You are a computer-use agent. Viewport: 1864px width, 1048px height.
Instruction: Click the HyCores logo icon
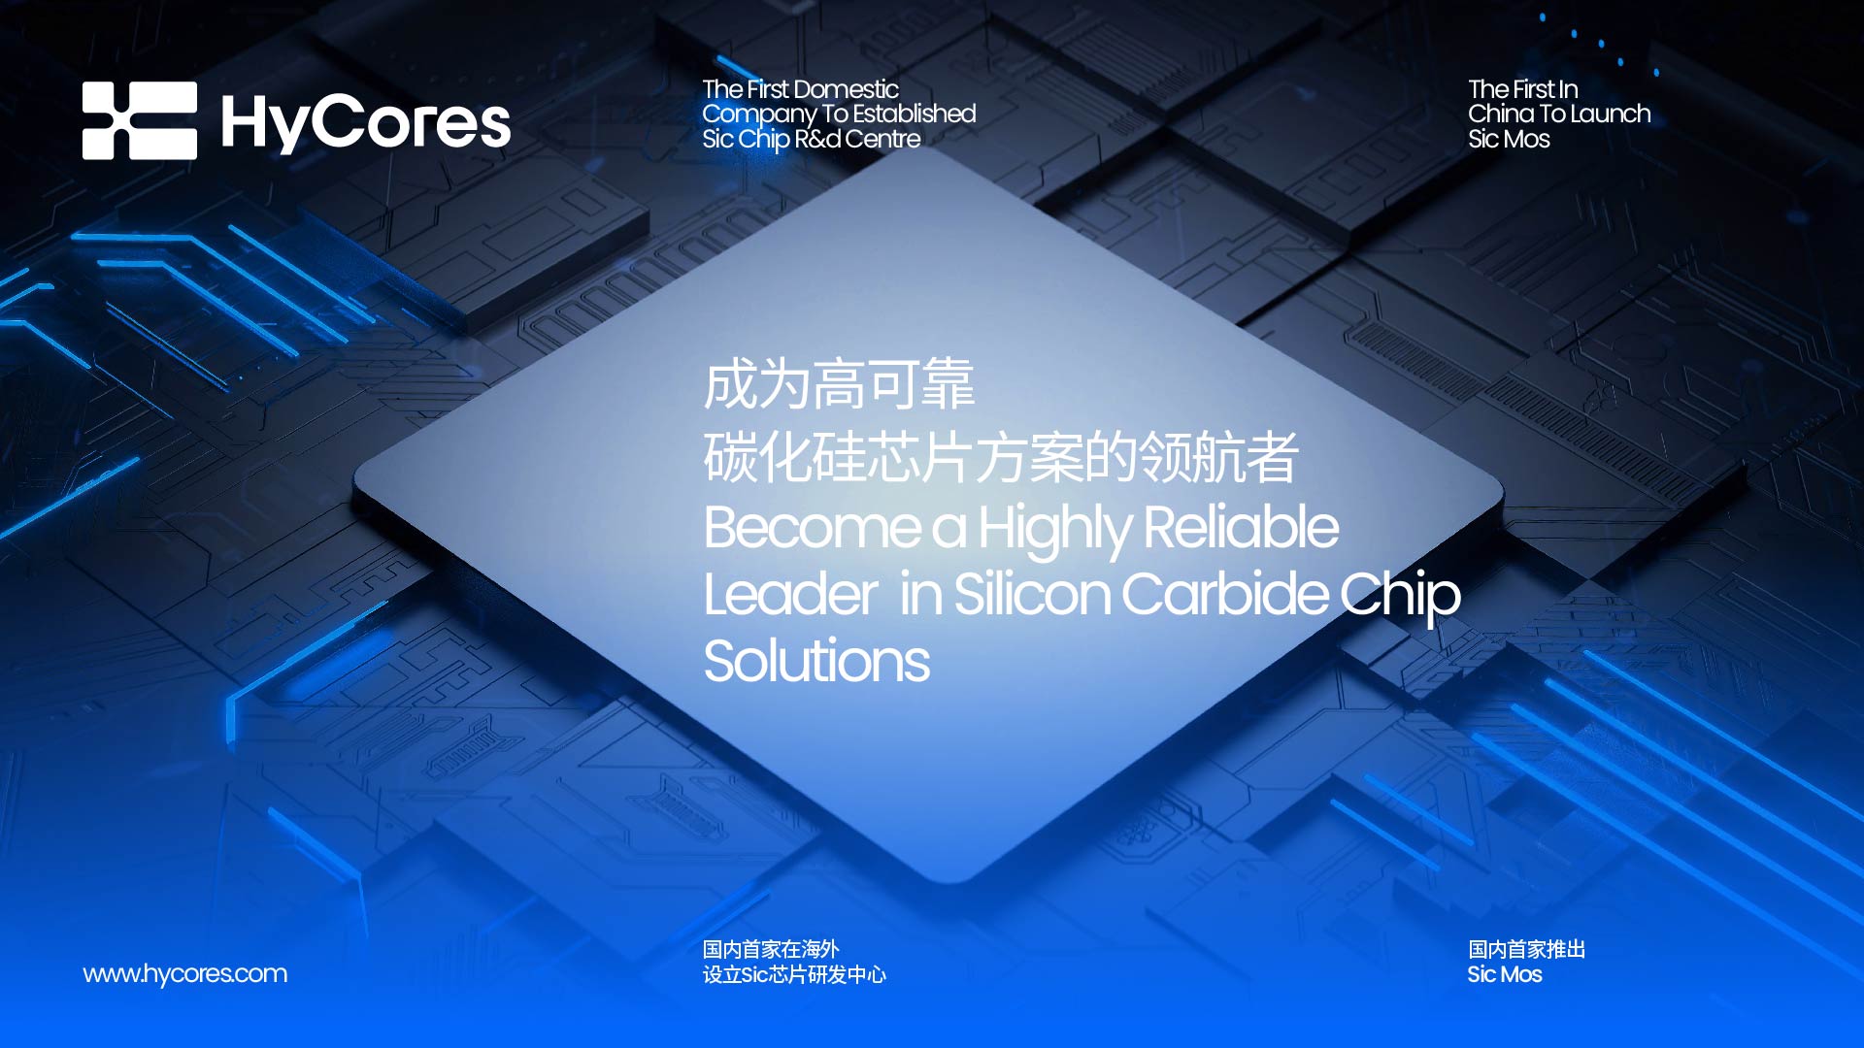tap(140, 120)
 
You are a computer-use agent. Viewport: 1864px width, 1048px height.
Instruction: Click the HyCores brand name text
tap(366, 123)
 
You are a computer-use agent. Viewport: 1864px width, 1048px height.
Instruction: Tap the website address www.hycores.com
tap(185, 973)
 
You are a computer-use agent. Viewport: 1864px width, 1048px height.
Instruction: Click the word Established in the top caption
tap(915, 114)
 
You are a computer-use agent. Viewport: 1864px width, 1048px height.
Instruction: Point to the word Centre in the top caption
tap(882, 139)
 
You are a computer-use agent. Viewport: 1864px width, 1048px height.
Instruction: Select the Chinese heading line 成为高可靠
tap(840, 384)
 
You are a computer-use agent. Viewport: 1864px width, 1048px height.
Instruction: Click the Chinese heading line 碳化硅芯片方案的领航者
tap(1001, 457)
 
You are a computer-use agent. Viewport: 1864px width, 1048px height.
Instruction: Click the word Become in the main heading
tap(813, 528)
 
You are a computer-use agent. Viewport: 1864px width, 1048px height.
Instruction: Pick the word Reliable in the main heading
tap(1242, 528)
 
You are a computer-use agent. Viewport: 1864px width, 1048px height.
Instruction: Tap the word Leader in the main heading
tap(791, 594)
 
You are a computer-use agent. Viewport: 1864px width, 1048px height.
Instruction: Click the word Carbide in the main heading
tap(1224, 594)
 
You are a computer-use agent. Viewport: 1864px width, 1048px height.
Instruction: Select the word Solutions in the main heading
tap(817, 661)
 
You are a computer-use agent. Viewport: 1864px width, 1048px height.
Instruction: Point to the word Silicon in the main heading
tap(1033, 594)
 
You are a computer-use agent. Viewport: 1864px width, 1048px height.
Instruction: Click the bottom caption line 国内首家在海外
tap(771, 949)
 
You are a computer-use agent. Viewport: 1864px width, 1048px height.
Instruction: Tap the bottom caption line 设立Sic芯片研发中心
tap(795, 974)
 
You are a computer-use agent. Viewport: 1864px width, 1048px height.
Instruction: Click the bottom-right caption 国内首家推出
tap(1527, 949)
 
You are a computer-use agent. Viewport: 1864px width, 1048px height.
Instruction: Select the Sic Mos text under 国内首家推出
tap(1505, 974)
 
